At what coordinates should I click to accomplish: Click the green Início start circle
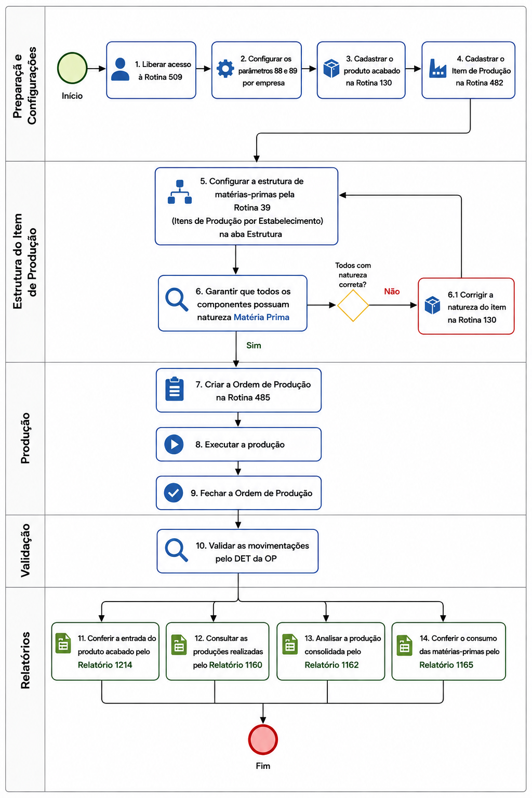pyautogui.click(x=72, y=68)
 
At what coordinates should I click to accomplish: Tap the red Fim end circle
pyautogui.click(x=263, y=740)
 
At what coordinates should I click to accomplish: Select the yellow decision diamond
pyautogui.click(x=353, y=305)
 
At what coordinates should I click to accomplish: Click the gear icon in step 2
pyautogui.click(x=225, y=69)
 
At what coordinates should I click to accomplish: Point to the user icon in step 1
pyautogui.click(x=120, y=69)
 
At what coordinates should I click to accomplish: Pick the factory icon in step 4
pyautogui.click(x=437, y=69)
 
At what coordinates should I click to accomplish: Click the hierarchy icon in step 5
pyautogui.click(x=180, y=192)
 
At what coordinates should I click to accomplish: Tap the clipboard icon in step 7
pyautogui.click(x=175, y=389)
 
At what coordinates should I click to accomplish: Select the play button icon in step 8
pyautogui.click(x=174, y=444)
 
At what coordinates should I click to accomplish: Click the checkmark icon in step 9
pyautogui.click(x=174, y=493)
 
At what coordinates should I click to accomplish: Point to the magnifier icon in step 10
pyautogui.click(x=177, y=550)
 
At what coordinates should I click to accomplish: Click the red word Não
pyautogui.click(x=392, y=291)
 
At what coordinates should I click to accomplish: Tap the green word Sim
pyautogui.click(x=254, y=345)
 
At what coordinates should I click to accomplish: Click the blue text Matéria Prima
pyautogui.click(x=261, y=317)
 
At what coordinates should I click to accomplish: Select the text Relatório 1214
pyautogui.click(x=105, y=665)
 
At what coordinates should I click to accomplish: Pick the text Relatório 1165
pyautogui.click(x=446, y=665)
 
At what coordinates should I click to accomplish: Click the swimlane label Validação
pyautogui.click(x=25, y=550)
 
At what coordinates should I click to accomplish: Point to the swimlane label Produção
pyautogui.click(x=25, y=438)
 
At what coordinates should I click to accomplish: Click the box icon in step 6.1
pyautogui.click(x=432, y=305)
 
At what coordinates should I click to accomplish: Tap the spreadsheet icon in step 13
pyautogui.click(x=290, y=644)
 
